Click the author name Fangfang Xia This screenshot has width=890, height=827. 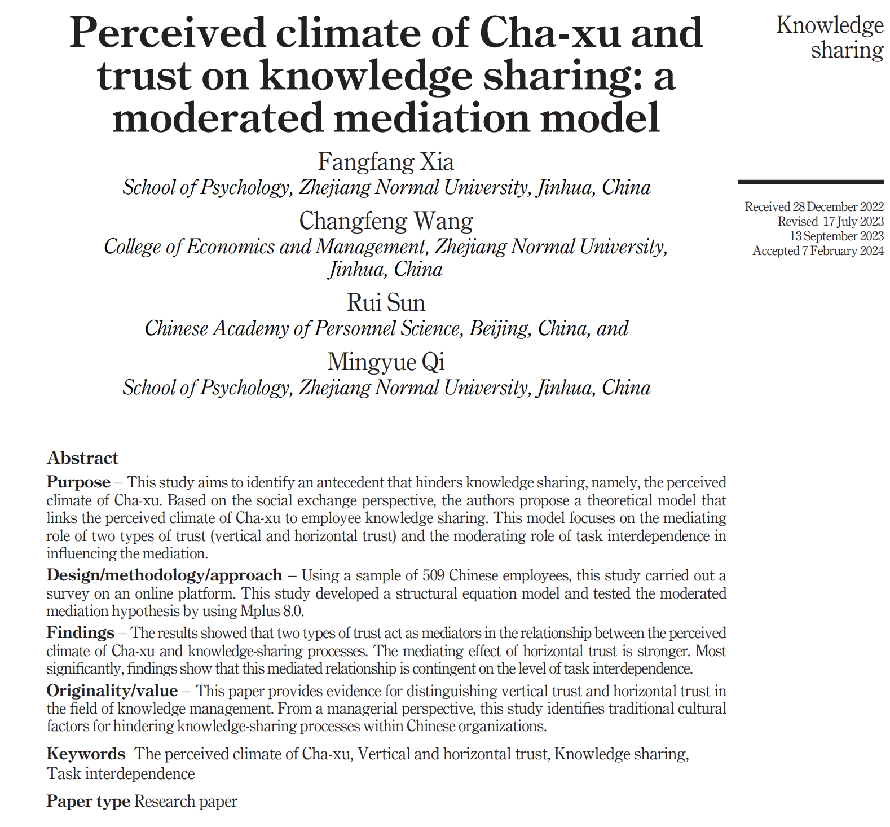386,162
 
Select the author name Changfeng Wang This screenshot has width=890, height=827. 386,221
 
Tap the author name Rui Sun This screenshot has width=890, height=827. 386,303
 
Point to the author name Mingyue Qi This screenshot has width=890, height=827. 386,362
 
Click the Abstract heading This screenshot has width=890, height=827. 82,458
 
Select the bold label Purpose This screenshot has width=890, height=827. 78,482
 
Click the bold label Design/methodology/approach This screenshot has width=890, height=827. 164,575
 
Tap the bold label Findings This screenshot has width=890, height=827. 80,633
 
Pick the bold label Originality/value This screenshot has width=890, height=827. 112,691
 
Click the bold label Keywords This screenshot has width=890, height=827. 86,754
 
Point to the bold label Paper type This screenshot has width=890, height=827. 88,802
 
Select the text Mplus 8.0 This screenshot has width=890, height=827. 272,611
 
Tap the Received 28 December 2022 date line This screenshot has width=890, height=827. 814,207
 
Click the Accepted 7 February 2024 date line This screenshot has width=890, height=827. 818,251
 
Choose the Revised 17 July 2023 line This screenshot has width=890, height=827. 830,222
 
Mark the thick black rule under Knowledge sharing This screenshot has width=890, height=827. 810,182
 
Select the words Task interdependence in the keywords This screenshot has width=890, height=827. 121,774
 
